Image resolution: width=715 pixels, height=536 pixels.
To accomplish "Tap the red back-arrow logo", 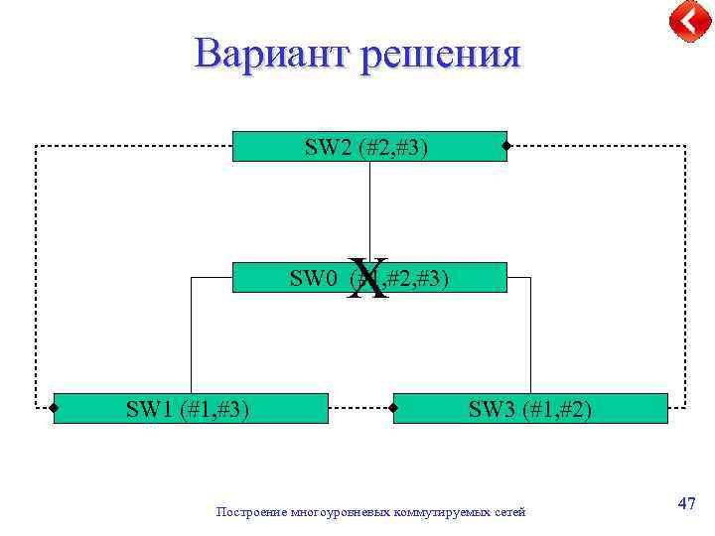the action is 689,21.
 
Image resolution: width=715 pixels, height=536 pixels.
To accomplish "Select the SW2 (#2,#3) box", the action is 368,147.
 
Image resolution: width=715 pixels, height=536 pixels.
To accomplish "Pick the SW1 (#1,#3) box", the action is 190,408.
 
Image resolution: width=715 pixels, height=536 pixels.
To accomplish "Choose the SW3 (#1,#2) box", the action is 530,408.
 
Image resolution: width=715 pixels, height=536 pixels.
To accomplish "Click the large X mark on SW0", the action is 369,278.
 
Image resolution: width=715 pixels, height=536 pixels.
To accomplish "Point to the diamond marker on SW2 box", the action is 505,147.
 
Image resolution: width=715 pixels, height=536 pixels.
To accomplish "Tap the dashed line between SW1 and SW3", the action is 360,407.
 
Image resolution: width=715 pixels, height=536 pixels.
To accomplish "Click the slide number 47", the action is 686,503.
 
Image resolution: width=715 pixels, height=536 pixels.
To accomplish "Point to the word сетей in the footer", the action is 507,512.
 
